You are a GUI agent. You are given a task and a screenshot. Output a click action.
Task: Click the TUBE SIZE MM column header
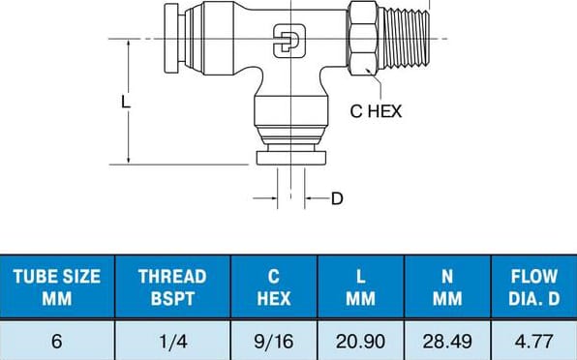(x=56, y=287)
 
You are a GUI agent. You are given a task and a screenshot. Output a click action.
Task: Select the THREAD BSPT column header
(x=172, y=287)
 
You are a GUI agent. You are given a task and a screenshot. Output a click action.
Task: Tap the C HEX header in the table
(x=273, y=287)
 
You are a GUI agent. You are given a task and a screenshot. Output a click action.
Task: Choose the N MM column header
(x=447, y=287)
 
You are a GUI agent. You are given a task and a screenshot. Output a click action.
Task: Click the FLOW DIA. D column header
(x=534, y=287)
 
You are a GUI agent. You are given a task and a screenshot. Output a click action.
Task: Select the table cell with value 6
(x=56, y=341)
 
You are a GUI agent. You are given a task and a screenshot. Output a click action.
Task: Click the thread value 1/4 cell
(x=172, y=341)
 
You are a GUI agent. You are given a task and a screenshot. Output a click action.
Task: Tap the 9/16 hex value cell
(x=273, y=341)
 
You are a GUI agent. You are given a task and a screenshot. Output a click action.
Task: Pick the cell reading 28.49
(x=447, y=341)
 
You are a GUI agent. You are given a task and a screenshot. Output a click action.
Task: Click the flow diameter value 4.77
(x=534, y=341)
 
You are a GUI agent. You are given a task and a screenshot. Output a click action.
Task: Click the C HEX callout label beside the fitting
(x=376, y=111)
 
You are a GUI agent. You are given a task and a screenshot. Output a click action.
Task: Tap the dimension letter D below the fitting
(x=337, y=199)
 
